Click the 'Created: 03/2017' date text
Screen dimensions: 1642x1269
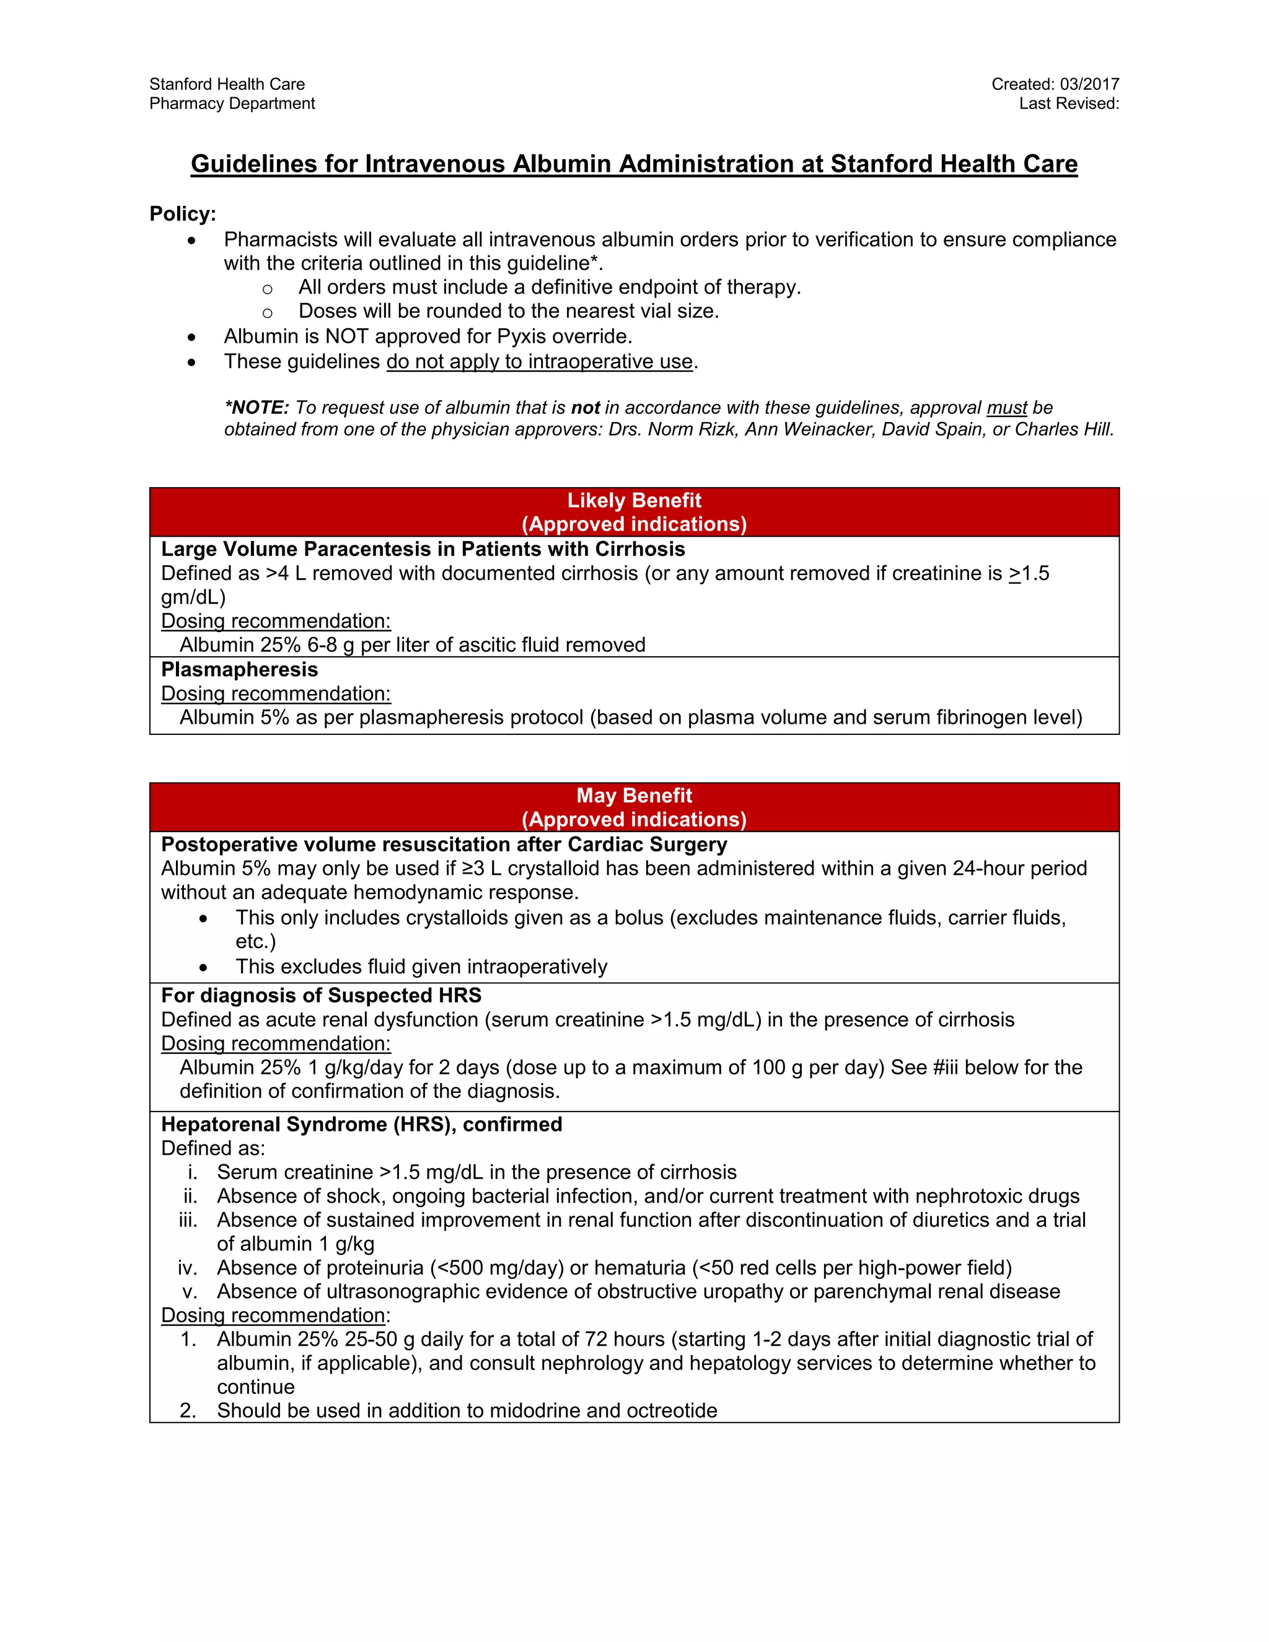(1055, 84)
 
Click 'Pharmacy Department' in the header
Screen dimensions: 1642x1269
(232, 103)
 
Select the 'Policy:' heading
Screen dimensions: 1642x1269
(183, 214)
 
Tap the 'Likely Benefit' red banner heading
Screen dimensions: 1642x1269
(634, 501)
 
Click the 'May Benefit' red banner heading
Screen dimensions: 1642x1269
(634, 796)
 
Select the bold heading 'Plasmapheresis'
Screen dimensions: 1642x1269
(239, 669)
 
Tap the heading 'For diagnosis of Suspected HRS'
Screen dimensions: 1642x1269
(321, 996)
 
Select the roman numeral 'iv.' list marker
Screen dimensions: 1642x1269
(187, 1268)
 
